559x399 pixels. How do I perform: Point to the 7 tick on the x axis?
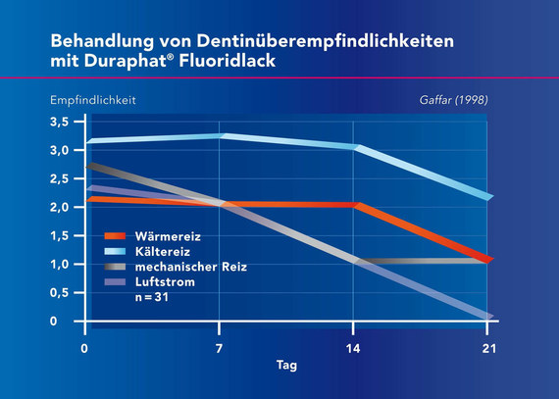click(220, 347)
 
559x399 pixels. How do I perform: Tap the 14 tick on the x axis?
click(353, 347)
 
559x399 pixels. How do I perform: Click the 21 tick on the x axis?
click(487, 347)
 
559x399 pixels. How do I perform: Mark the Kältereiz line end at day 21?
click(487, 197)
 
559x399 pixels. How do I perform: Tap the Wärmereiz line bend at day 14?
click(355, 205)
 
